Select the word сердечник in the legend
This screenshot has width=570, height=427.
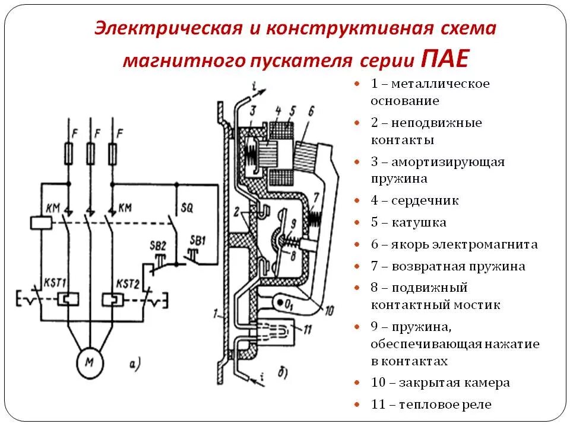[425, 201]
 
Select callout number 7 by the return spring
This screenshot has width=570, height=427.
[316, 196]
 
